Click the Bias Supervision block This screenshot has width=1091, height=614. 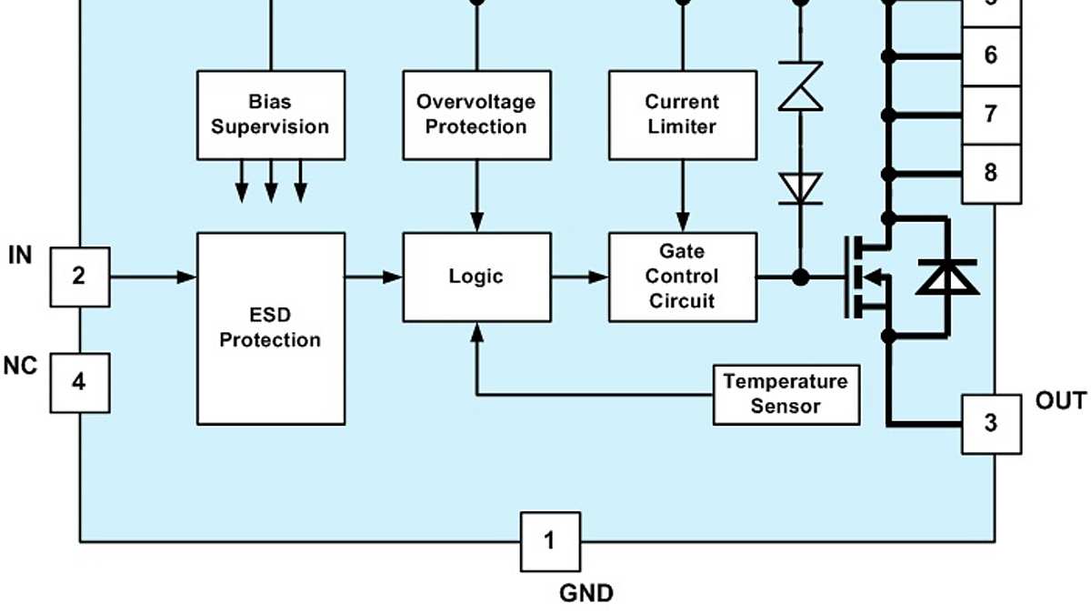[x=271, y=115]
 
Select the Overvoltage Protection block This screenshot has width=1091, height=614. [x=476, y=115]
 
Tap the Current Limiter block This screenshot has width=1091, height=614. [x=682, y=115]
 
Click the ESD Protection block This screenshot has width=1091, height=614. [x=271, y=327]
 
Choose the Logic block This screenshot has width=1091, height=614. [x=476, y=277]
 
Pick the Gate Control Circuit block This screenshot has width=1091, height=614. [x=682, y=277]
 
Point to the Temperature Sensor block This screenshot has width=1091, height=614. [x=786, y=394]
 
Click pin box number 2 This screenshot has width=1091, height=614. [x=79, y=276]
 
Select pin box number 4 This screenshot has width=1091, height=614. [x=79, y=382]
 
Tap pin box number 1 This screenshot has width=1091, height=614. [x=549, y=542]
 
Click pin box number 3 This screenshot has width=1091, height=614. [x=991, y=423]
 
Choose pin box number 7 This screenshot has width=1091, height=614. [x=991, y=115]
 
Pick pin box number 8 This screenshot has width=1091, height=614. [x=991, y=173]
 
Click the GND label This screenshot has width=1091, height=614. [x=586, y=594]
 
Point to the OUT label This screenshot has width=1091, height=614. [x=1060, y=401]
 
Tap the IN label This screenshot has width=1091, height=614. [x=20, y=256]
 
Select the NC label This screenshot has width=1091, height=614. [x=20, y=366]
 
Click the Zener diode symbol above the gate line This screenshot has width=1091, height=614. [x=800, y=86]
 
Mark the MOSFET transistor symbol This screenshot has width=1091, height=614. [x=868, y=277]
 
